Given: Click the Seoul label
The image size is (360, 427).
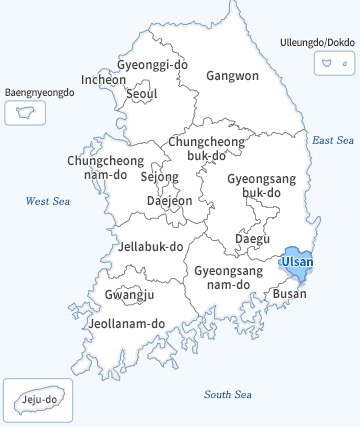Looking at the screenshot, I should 142,94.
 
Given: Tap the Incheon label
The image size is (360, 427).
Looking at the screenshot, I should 104,79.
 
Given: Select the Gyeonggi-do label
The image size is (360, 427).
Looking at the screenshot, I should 152,64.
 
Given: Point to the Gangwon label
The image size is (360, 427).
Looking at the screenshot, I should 232,75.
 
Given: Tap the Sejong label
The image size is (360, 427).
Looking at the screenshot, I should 159,177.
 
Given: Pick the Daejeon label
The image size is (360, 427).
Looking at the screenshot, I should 169,200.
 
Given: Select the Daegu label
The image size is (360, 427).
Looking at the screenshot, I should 252,238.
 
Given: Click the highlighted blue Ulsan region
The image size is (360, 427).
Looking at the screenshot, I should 296,263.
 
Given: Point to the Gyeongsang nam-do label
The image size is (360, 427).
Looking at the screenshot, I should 227,277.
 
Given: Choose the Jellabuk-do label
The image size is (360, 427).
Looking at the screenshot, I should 151,246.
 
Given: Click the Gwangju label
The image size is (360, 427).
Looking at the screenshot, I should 129,294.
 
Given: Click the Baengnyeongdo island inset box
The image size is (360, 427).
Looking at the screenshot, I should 19,111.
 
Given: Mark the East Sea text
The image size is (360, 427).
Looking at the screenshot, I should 333,141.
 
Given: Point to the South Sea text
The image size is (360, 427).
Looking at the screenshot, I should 228,394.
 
